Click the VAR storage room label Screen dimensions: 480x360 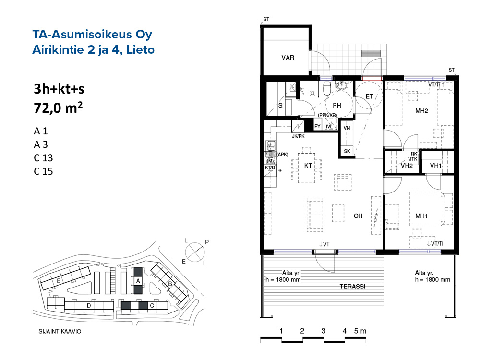288,58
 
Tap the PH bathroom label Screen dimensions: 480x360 337,105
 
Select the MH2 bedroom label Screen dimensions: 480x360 421,111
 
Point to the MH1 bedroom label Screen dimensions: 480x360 421,216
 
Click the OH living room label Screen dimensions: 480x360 358,216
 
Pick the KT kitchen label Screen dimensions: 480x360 308,166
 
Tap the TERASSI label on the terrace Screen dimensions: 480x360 352,287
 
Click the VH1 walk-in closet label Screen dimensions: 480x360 436,166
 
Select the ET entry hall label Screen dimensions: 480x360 369,96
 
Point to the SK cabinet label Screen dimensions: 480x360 347,151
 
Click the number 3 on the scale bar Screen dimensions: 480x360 323,331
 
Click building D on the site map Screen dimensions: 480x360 89,305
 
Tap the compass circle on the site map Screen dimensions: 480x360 195,252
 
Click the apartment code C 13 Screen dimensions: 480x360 43,158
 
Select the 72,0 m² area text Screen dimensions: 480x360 58,108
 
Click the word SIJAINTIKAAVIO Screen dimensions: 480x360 60,331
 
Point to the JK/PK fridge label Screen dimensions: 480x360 298,136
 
